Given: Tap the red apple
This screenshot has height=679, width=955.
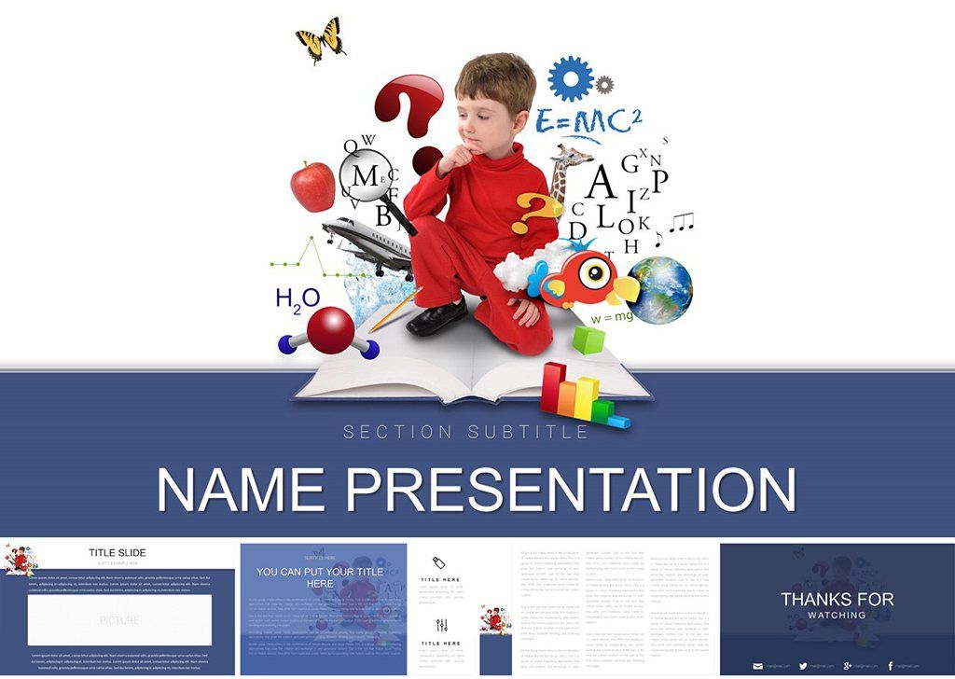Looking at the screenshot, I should tap(312, 186).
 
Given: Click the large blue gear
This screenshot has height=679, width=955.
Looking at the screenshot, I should tap(571, 78).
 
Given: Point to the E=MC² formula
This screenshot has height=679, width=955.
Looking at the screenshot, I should tap(589, 121).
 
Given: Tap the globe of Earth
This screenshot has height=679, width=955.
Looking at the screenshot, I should tap(659, 290).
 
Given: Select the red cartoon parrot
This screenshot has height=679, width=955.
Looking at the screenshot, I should tap(577, 277).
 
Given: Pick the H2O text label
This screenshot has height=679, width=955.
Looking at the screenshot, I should tap(298, 298).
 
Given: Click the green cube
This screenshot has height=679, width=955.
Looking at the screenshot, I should tap(588, 340).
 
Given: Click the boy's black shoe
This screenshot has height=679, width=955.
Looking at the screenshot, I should tap(437, 318).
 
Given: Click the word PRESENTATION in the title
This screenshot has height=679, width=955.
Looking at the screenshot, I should tap(585, 489).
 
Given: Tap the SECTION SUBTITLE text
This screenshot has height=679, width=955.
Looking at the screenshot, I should tap(465, 432).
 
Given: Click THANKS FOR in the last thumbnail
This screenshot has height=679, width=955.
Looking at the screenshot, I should tap(837, 599).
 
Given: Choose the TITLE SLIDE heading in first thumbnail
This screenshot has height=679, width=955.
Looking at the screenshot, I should tap(118, 553).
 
